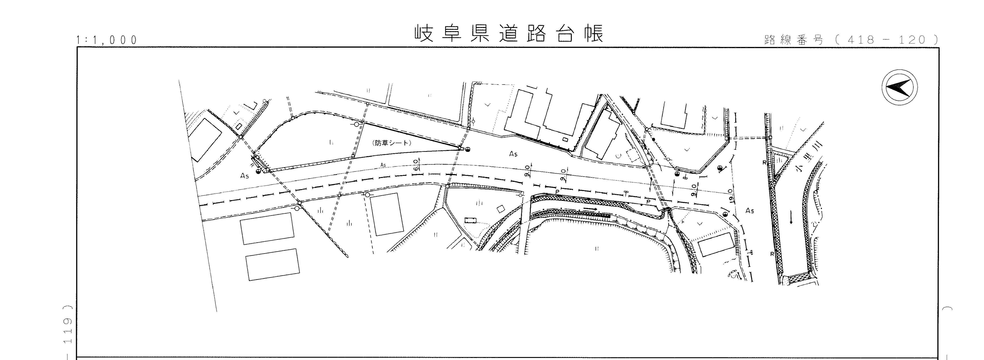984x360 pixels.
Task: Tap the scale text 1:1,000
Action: [107, 40]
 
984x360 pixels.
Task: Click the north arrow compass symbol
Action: [900, 87]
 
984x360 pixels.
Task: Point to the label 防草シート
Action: [392, 143]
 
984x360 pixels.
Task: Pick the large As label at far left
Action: [244, 176]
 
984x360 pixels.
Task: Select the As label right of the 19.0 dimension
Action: [750, 211]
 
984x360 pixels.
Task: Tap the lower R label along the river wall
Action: [772, 254]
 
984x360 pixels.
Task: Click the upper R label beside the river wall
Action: [764, 162]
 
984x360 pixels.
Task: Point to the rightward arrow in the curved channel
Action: [590, 209]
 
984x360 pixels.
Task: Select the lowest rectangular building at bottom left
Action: [272, 265]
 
